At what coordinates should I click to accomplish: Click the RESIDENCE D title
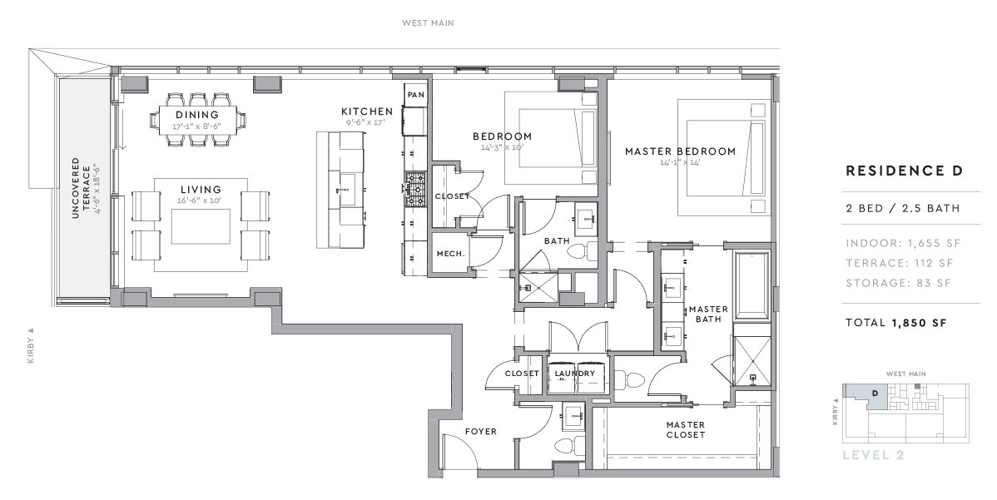904,171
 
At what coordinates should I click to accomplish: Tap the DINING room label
197,115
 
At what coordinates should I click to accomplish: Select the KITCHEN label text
367,111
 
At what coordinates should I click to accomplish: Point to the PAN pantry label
416,96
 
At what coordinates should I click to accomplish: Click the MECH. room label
449,254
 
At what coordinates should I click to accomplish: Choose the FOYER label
480,432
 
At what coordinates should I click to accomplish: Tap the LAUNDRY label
575,374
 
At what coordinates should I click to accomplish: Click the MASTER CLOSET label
686,429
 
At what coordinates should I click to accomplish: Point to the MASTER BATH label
708,314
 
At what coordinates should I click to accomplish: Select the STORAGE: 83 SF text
897,283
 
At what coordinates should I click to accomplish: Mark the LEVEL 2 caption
873,455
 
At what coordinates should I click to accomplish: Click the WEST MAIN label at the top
428,23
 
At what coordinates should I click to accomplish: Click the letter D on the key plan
874,393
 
